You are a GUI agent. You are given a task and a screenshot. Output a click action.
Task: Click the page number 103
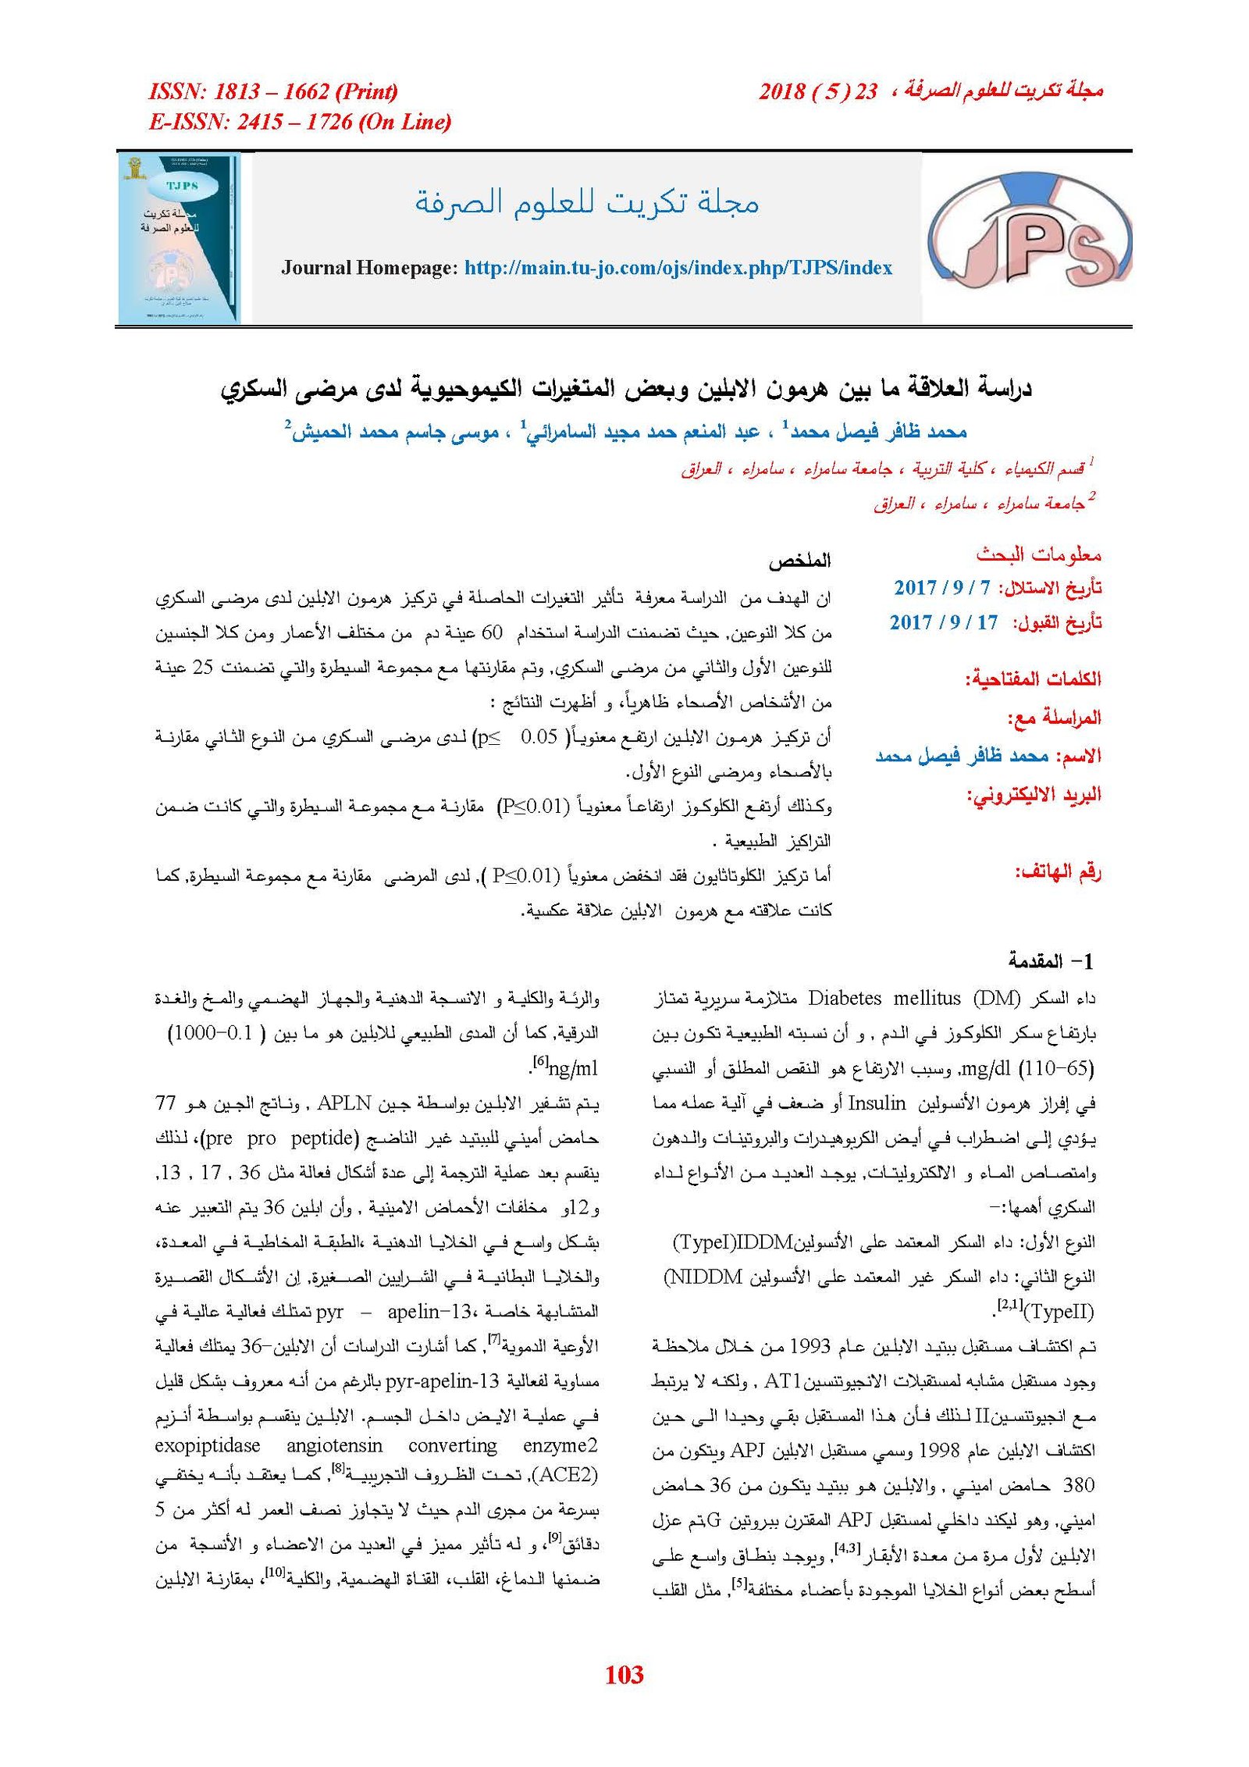(x=624, y=1674)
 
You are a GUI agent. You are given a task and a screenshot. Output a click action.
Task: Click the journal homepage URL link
(x=678, y=268)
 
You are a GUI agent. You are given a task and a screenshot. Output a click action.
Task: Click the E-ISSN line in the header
(x=300, y=122)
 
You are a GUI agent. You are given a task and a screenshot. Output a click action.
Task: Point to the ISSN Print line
(x=272, y=91)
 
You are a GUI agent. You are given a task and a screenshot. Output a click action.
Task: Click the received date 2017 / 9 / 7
(x=941, y=587)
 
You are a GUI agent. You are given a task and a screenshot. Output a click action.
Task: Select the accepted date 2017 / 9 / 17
(x=943, y=622)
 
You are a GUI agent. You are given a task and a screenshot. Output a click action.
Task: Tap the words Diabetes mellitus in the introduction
(x=884, y=998)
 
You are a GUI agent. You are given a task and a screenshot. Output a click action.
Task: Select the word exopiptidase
(x=207, y=1445)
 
